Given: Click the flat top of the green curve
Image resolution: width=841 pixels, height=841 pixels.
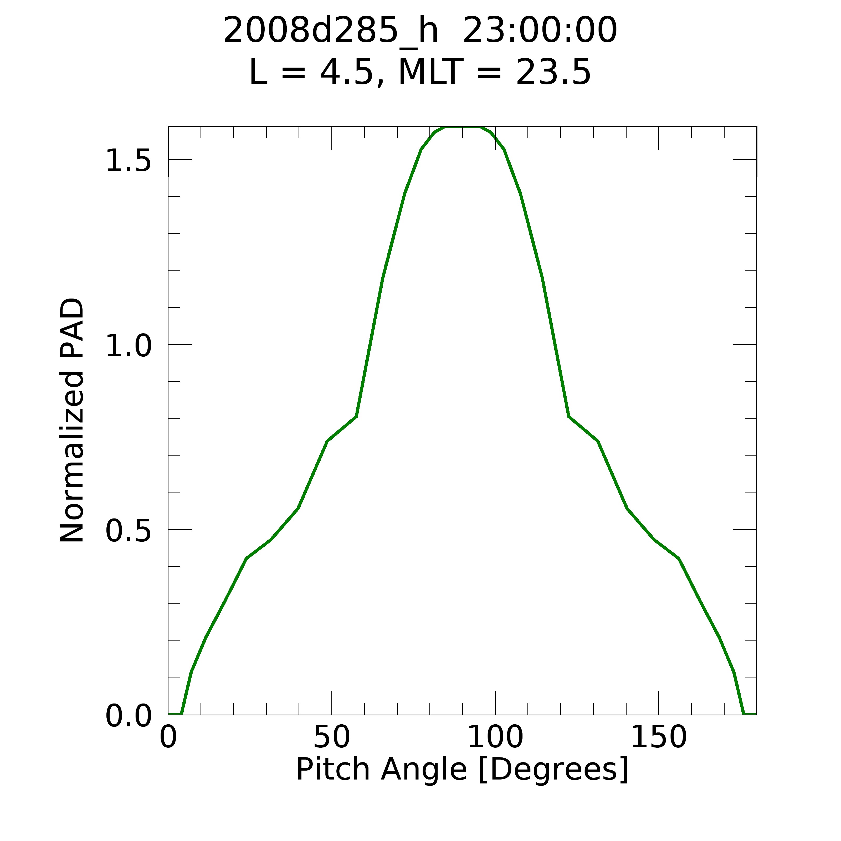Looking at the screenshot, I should (x=462, y=127).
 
